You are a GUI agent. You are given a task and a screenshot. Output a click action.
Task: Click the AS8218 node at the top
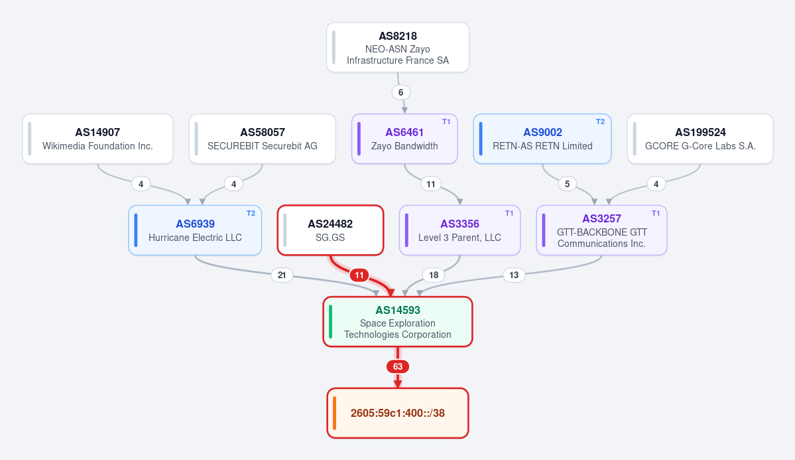point(398,47)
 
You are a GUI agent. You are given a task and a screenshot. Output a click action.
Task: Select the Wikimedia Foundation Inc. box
point(97,139)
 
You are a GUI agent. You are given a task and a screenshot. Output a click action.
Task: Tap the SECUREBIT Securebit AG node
point(262,139)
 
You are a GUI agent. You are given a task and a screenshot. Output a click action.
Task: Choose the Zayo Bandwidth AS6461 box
point(404,139)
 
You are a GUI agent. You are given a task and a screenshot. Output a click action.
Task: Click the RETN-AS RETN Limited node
point(542,139)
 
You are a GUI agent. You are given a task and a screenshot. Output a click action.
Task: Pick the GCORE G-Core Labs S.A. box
point(700,139)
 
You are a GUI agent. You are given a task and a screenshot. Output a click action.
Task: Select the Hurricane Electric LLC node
point(195,230)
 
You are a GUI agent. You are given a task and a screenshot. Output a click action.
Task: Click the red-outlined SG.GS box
point(330,230)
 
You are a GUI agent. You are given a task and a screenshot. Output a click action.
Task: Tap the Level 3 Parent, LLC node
point(460,230)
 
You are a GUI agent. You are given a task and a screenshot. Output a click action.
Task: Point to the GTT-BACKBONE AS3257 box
point(602,230)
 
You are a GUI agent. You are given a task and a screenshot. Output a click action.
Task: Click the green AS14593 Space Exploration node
point(398,322)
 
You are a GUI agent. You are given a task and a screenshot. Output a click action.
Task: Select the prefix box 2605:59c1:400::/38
point(398,413)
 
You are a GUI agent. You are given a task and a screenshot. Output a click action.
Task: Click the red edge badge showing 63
point(398,366)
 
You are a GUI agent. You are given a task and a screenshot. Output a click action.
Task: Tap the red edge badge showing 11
point(359,275)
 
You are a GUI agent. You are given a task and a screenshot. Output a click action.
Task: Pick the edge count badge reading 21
point(282,275)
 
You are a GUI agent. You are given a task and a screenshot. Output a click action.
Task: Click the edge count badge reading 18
point(434,275)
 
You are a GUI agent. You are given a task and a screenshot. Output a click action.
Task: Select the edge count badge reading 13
point(514,275)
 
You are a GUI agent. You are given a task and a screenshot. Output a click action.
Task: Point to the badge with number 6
point(400,92)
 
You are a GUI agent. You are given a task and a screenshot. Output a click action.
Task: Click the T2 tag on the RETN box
point(600,122)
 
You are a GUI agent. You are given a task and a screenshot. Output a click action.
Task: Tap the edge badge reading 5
point(567,184)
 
